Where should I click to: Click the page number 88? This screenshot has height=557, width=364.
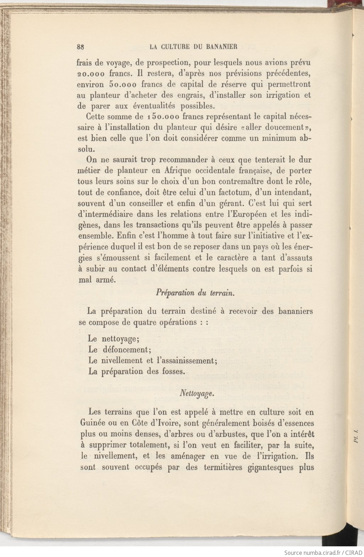point(80,47)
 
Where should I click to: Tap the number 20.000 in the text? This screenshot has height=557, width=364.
point(91,74)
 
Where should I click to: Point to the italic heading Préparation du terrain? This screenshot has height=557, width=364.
point(195,293)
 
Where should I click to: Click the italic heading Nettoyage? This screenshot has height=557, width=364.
point(197,394)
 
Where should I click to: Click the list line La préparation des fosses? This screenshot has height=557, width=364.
point(137,372)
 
